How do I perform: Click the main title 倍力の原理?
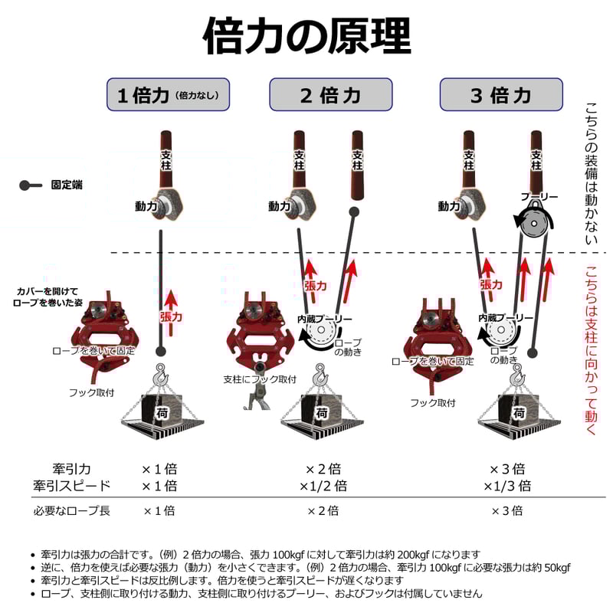[x=306, y=35]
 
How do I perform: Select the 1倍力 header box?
[x=167, y=96]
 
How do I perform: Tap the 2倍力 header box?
[x=329, y=96]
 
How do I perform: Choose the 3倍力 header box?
[x=500, y=96]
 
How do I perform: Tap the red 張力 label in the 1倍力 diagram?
[x=170, y=315]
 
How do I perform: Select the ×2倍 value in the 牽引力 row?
[x=323, y=469]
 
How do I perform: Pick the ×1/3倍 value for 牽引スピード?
[x=506, y=486]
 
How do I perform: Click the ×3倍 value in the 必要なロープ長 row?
[x=506, y=510]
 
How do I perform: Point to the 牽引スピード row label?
[x=72, y=486]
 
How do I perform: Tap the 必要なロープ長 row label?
[x=72, y=510]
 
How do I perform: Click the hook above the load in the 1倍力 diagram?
[x=160, y=375]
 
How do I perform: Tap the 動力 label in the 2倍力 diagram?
[x=280, y=206]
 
